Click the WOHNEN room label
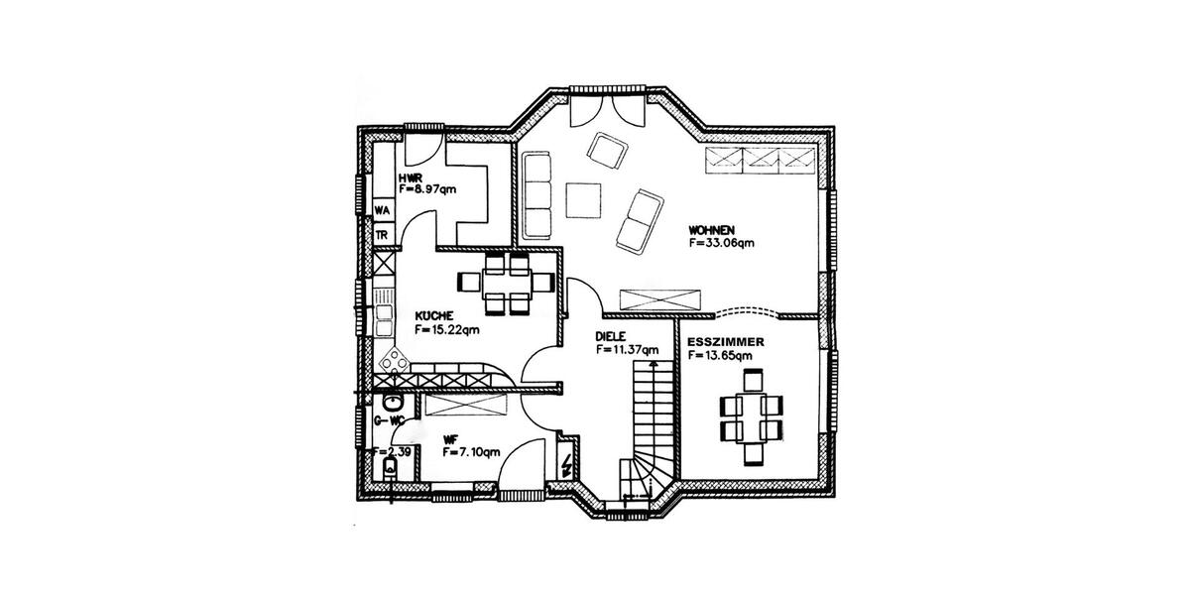(x=710, y=230)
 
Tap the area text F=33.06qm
(x=722, y=242)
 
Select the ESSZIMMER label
(x=724, y=341)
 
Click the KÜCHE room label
(x=434, y=316)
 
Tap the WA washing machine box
(x=382, y=210)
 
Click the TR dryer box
(x=382, y=235)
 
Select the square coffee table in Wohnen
(x=583, y=198)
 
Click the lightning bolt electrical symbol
(x=566, y=465)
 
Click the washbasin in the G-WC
(x=393, y=402)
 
